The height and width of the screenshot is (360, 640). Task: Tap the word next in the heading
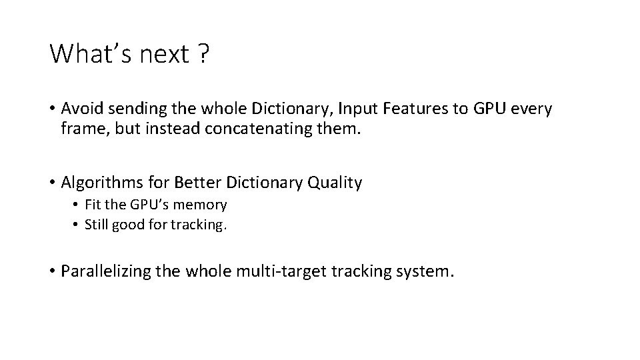pos(165,55)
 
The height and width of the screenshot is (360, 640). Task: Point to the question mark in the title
pos(203,54)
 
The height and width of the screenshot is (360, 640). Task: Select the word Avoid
pos(81,109)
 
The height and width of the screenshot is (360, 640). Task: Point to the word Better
pos(193,181)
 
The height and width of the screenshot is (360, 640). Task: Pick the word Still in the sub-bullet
pos(97,225)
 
